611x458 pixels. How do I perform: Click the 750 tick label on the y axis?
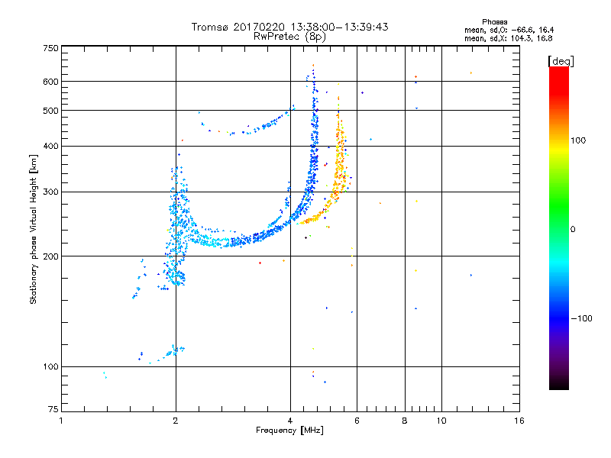pyautogui.click(x=50, y=48)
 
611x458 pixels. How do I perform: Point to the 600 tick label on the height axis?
pyautogui.click(x=50, y=82)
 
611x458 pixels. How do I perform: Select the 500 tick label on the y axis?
pyautogui.click(x=50, y=111)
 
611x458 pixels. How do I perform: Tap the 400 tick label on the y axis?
pyautogui.click(x=50, y=146)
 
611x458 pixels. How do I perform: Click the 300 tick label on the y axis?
pyautogui.click(x=50, y=192)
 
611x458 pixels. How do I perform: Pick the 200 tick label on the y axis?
pyautogui.click(x=50, y=256)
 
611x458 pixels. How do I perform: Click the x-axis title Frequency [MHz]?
pyautogui.click(x=289, y=431)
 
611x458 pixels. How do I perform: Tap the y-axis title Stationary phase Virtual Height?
pyautogui.click(x=34, y=230)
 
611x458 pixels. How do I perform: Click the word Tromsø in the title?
pyautogui.click(x=211, y=27)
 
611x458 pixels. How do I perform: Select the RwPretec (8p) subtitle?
pyautogui.click(x=290, y=36)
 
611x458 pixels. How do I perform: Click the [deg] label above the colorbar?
pyautogui.click(x=561, y=60)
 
